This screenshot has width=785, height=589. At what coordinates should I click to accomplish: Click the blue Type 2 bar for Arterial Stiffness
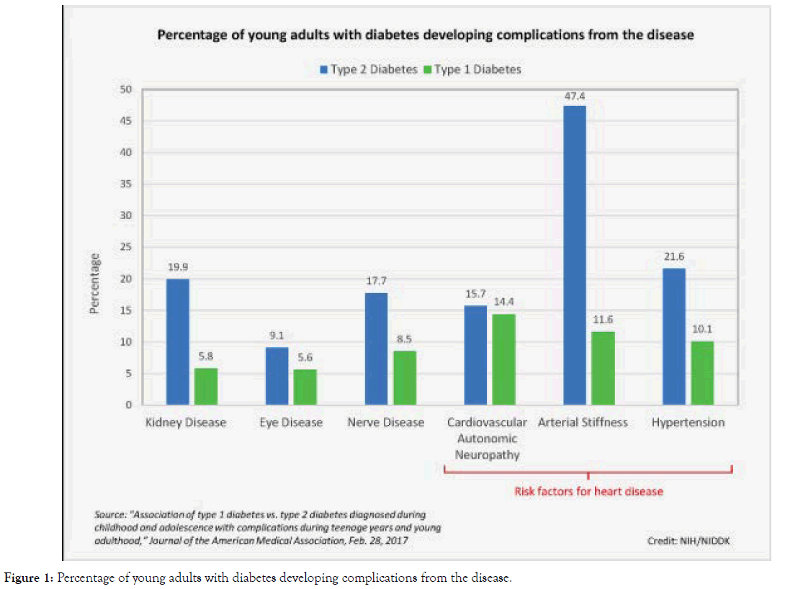pos(575,256)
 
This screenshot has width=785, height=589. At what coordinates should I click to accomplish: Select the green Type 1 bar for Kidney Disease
pos(206,387)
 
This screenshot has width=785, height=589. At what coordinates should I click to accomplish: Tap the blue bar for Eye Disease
pos(277,376)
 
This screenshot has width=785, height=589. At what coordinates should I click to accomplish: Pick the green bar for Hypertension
pos(701,373)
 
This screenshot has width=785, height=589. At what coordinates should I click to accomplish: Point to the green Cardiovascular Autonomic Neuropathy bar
pos(503,359)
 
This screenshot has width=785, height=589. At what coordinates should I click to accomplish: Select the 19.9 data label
pos(177,268)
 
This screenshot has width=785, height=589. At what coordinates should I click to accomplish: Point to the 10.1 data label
pos(702,331)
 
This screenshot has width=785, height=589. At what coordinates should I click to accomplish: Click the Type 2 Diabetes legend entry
pos(369,70)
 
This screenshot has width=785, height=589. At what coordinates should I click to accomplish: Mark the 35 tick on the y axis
pos(126,184)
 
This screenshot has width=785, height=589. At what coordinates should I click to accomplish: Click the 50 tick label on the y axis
pos(126,90)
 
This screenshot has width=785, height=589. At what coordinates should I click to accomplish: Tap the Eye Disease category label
pos(290,423)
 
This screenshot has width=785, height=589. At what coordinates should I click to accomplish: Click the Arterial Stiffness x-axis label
pos(583,422)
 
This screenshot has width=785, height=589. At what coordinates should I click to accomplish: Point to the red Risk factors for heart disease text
pos(588,492)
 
